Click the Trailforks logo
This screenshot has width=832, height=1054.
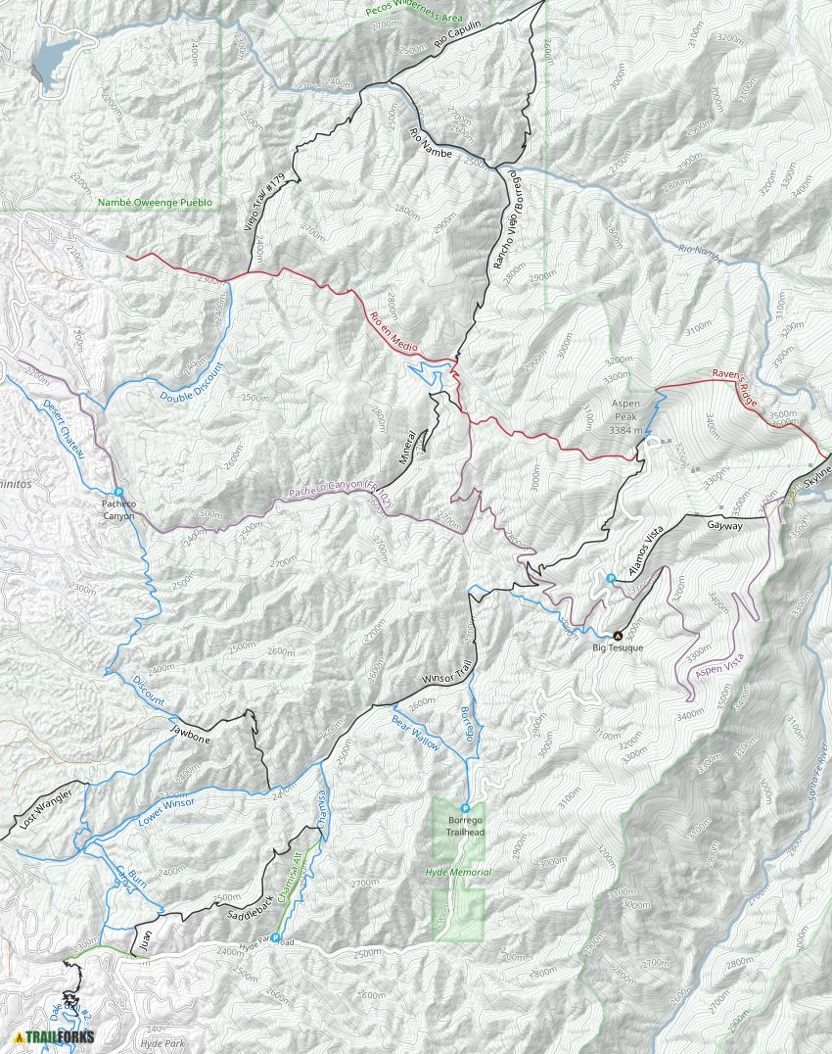click(54, 1037)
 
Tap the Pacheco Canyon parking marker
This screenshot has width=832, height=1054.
click(117, 493)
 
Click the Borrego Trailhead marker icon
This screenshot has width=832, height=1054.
click(465, 808)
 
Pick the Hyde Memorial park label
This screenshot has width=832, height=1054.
click(458, 872)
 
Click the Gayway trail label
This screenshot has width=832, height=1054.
click(725, 525)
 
